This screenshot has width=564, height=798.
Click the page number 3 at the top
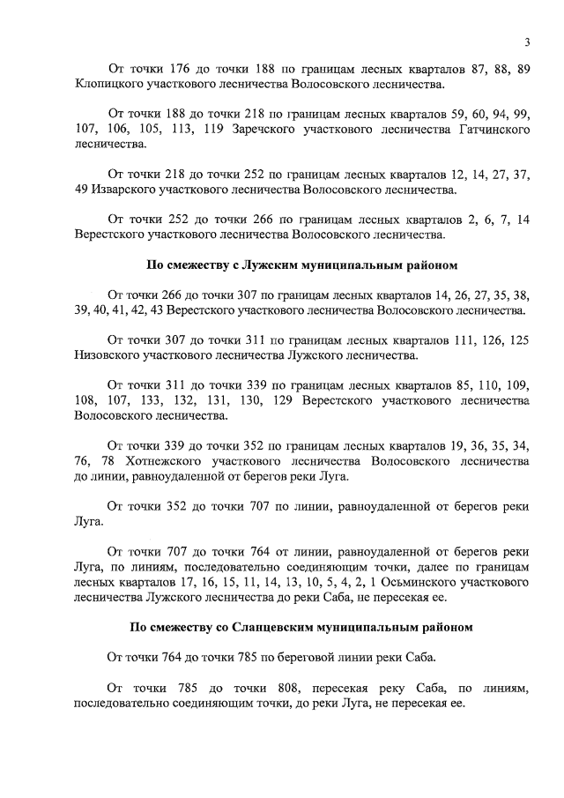point(526,42)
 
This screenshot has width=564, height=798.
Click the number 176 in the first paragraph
point(179,69)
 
